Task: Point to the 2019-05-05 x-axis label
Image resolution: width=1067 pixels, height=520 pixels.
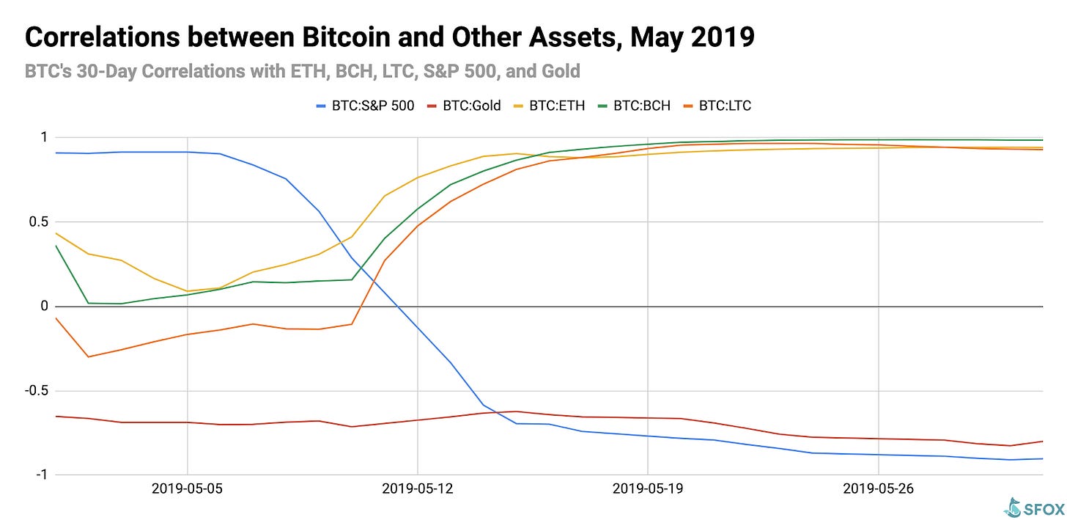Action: click(x=188, y=488)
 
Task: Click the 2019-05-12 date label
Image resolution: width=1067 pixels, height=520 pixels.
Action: click(x=418, y=488)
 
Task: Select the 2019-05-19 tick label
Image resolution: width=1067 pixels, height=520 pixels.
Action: click(x=648, y=488)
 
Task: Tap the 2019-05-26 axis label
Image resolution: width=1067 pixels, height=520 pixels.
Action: click(x=878, y=488)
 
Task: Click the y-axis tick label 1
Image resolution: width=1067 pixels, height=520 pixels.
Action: click(x=44, y=137)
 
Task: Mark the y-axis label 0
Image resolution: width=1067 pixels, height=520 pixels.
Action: click(x=44, y=306)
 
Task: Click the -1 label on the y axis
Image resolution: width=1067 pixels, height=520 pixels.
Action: click(x=41, y=475)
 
